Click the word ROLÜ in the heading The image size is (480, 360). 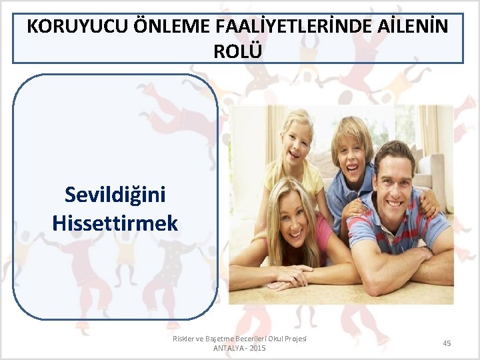pos(238,51)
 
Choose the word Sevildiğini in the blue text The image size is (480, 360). pos(115,195)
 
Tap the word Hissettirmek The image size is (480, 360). pos(115,222)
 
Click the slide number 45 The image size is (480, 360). pos(447,343)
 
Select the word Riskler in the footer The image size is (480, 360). pos(184,339)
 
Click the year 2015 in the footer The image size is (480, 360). pos(257,349)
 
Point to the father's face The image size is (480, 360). pos(394,180)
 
